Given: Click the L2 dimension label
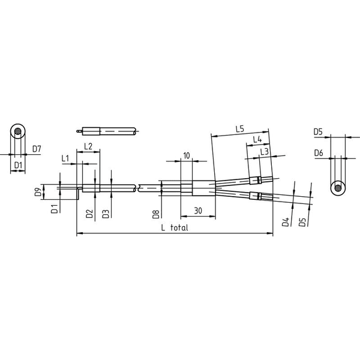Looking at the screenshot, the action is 88,146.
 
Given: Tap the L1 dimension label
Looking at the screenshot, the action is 65,158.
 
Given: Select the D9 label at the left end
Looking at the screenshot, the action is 38,192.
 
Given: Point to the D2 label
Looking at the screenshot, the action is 89,214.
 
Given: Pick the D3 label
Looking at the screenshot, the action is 106,214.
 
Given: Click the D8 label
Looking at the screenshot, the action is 155,214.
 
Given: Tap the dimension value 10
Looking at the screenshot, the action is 187,155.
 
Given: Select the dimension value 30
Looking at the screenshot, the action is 198,211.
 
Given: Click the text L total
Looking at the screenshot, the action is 175,227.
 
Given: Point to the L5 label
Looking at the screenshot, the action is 239,129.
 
